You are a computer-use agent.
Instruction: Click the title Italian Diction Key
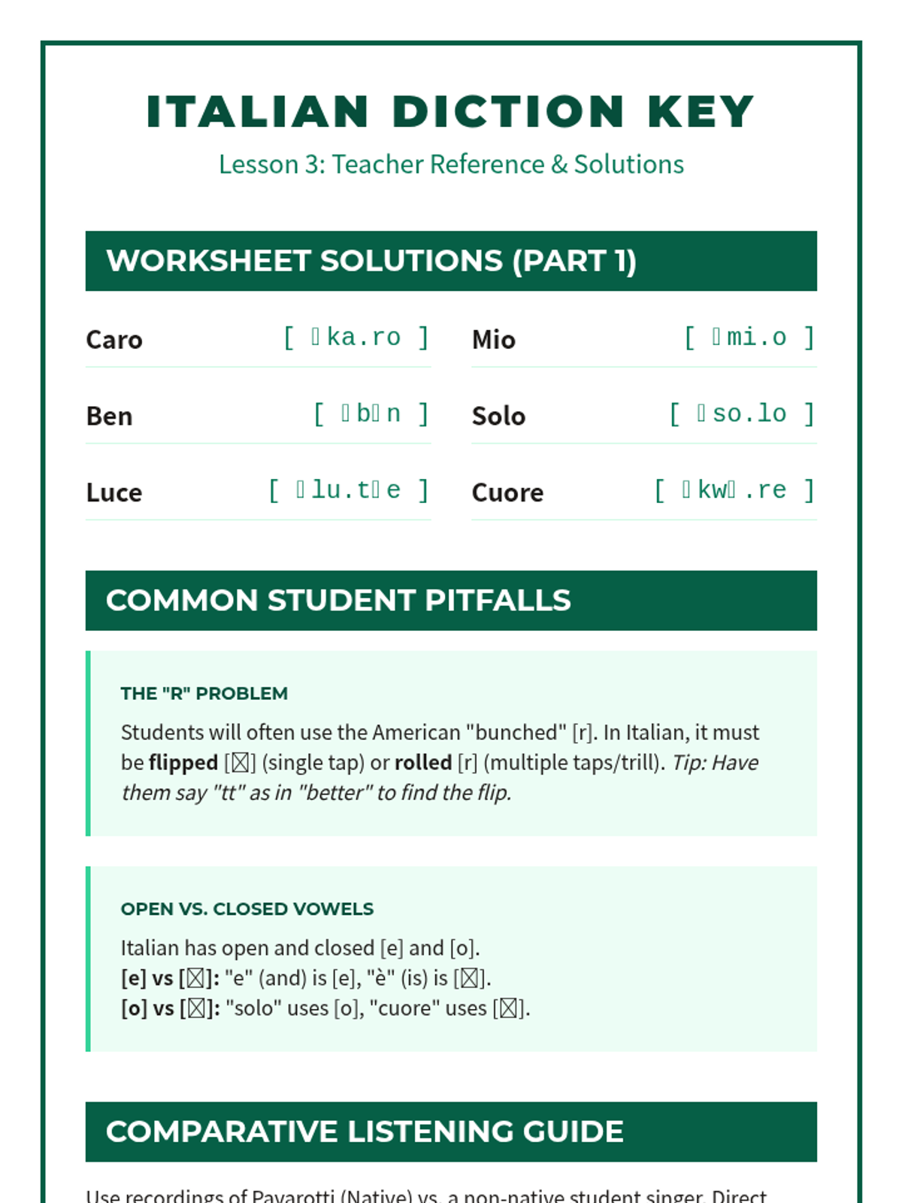tap(450, 112)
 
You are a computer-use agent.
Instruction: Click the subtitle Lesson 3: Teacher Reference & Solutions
tap(451, 164)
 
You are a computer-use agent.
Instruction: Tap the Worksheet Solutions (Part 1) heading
tap(371, 261)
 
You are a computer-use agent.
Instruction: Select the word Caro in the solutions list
tap(114, 340)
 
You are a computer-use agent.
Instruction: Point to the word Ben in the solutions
tap(109, 416)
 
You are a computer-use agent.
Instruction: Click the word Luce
tap(114, 492)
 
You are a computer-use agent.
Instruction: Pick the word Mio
tap(494, 340)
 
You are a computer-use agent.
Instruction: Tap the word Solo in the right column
tap(498, 416)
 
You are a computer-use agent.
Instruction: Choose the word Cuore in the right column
tap(507, 492)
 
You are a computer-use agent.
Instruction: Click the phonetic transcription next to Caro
tap(356, 338)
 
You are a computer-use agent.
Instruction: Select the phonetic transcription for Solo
tap(742, 414)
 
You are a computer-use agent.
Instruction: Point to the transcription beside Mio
tap(749, 338)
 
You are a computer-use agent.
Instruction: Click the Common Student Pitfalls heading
tap(338, 601)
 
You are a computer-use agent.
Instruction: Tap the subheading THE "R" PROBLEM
tap(204, 693)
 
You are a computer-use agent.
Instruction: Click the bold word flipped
tap(183, 762)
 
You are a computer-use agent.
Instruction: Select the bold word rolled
tap(423, 762)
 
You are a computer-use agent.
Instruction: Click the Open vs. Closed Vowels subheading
tap(247, 909)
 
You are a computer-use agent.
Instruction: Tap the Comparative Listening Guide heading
tap(365, 1132)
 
